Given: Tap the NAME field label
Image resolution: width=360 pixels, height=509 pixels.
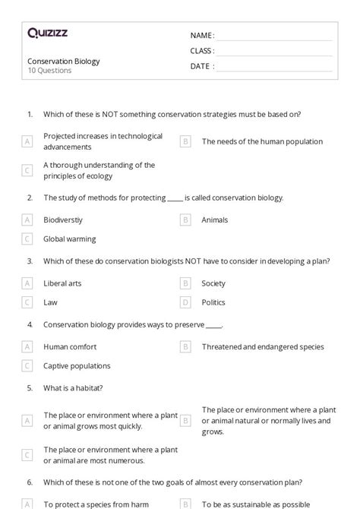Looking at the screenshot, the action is coord(202,36).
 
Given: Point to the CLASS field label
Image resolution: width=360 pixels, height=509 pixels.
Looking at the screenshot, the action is coord(202,51).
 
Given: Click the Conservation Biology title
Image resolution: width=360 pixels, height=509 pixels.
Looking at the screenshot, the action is coord(64,61).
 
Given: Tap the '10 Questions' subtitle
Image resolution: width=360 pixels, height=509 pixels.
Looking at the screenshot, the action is coord(49,71).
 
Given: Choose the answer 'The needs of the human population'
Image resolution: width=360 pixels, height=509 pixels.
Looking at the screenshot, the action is coord(262,141).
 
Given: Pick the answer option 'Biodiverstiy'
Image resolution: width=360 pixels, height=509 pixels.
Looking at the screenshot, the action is coord(63,220).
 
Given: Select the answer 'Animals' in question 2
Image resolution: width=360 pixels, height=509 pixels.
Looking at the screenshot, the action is coord(215,220).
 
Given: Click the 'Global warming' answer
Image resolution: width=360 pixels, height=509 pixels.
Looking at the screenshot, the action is coord(69,239).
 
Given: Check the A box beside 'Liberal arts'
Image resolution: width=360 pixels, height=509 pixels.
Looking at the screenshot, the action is coord(27,283).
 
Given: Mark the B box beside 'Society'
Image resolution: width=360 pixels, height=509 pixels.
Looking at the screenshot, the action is coord(185,283).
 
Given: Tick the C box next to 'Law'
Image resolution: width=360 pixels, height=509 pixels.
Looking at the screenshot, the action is coord(27,302).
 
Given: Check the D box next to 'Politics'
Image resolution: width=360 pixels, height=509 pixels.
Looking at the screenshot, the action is coord(185,302).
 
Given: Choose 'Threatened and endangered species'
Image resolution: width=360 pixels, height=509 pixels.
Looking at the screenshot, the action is coord(262,347).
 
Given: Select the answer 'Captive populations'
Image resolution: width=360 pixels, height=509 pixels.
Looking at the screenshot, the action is coord(77,365).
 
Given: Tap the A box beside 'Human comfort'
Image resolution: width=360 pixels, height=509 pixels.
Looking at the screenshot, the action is coord(27,347).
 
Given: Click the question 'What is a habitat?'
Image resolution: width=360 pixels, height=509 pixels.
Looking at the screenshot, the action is coord(73,387).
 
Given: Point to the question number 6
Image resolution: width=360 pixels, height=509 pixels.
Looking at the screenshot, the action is coord(30,482).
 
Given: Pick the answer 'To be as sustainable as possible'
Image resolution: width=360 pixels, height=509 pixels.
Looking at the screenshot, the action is coord(256,504).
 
